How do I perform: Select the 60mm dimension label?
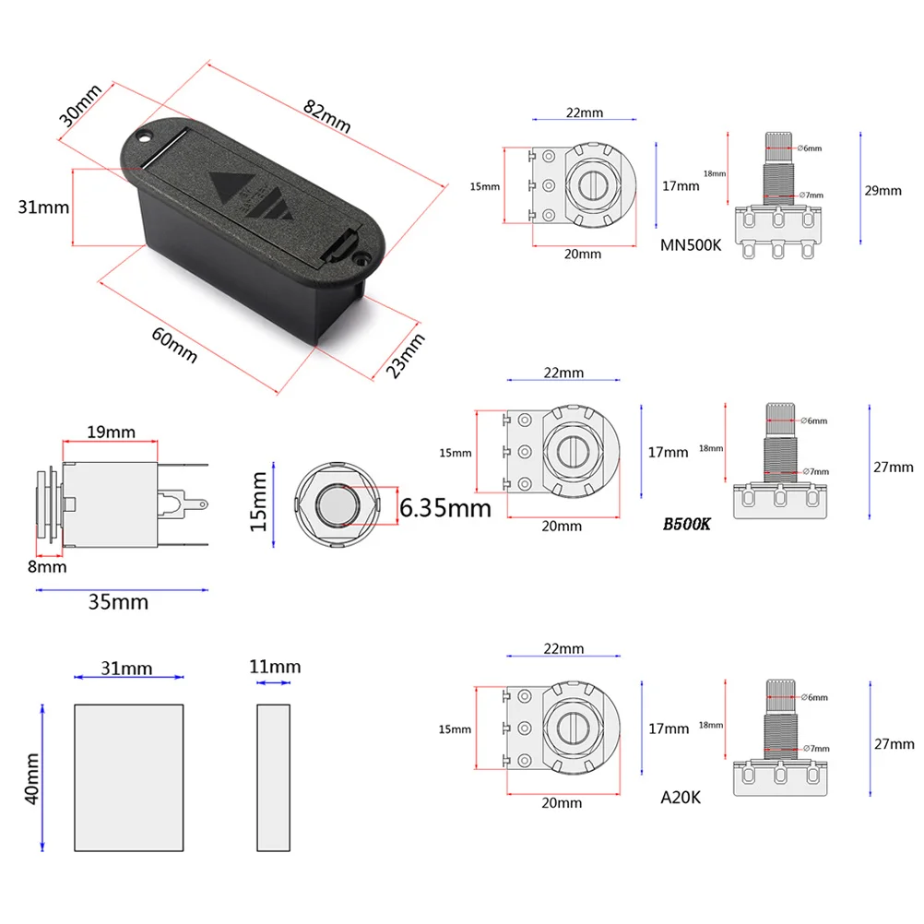(174, 344)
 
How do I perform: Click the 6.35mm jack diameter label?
(445, 506)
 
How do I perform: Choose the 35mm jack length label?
(118, 602)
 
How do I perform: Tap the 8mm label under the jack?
(46, 566)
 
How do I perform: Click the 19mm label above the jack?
(111, 432)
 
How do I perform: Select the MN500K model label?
(693, 245)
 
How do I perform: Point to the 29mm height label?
(883, 191)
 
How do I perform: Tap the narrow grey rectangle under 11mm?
(274, 776)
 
